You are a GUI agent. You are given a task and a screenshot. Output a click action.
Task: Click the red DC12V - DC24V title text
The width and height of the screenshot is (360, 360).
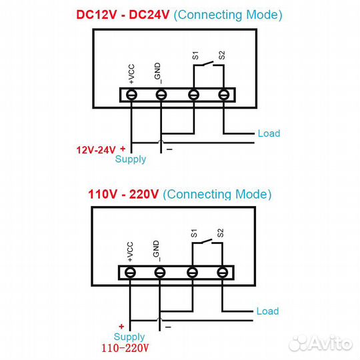pyautogui.click(x=123, y=15)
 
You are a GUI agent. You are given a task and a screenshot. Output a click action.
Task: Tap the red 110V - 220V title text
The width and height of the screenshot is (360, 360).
pyautogui.click(x=123, y=194)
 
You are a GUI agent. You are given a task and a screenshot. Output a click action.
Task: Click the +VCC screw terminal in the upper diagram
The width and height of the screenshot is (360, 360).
pyautogui.click(x=131, y=95)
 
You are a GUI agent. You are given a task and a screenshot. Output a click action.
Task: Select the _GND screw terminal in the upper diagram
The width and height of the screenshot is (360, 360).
pyautogui.click(x=161, y=95)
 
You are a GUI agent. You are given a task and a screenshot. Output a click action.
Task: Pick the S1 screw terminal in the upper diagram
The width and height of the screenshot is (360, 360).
pyautogui.click(x=193, y=95)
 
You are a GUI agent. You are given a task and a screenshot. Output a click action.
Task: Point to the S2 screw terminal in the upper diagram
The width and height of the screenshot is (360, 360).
pyautogui.click(x=223, y=95)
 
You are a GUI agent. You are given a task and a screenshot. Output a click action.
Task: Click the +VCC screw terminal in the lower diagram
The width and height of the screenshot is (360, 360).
pyautogui.click(x=130, y=273)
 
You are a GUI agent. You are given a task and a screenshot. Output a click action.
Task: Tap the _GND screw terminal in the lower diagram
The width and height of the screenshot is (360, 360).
pyautogui.click(x=160, y=273)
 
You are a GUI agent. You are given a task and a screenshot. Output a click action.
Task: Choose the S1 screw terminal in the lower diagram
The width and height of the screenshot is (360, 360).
pyautogui.click(x=192, y=273)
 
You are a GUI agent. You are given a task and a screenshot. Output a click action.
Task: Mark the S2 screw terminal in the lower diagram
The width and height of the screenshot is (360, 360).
pyautogui.click(x=222, y=273)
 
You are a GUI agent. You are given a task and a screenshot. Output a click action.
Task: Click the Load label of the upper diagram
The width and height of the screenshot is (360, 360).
pyautogui.click(x=269, y=133)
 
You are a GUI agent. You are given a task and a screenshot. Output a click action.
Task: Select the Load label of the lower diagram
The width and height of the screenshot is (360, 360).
pyautogui.click(x=268, y=311)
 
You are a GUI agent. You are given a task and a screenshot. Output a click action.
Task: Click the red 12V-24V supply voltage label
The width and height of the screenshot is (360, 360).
pyautogui.click(x=96, y=150)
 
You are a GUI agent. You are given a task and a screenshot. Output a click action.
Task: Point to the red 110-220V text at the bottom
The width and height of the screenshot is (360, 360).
pyautogui.click(x=125, y=348)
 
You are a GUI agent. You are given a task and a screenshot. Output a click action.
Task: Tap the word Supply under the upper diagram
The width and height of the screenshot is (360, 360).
pyautogui.click(x=131, y=159)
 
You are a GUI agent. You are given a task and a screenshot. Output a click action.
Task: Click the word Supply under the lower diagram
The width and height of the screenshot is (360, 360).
pyautogui.click(x=129, y=337)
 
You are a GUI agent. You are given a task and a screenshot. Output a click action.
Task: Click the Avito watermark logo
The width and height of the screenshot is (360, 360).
pyautogui.click(x=321, y=343)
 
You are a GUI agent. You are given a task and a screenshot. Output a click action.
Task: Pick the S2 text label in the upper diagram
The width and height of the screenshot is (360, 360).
pyautogui.click(x=221, y=55)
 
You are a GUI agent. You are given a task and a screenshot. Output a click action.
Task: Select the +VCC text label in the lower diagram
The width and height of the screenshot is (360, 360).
pyautogui.click(x=130, y=251)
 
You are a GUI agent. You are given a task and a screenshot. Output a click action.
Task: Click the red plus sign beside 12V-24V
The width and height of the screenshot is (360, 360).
pyautogui.click(x=123, y=149)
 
